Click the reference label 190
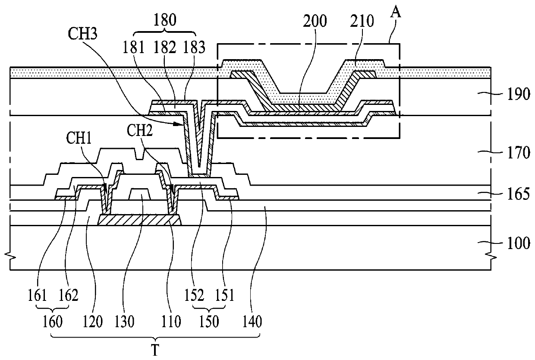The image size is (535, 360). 519,95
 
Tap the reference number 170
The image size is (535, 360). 519,153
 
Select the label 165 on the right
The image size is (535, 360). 519,194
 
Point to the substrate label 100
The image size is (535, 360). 519,243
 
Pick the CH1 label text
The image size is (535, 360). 79,138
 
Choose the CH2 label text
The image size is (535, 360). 139,130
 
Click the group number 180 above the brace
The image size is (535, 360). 165,20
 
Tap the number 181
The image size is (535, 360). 133,47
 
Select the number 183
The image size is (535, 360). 194,47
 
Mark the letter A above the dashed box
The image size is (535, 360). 396,13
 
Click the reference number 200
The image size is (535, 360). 315,22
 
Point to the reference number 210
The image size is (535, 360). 362,22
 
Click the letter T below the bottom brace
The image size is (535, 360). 155,351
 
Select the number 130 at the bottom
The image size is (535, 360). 124,322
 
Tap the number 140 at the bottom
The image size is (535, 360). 252,322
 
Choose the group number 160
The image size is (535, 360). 53,322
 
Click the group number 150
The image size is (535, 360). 209,322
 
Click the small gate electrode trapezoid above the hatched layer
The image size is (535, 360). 140,194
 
